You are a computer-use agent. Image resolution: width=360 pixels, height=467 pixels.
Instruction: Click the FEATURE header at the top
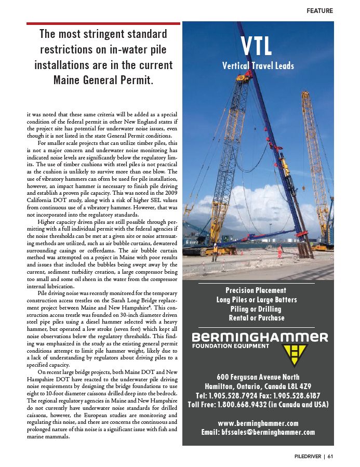coord(319,10)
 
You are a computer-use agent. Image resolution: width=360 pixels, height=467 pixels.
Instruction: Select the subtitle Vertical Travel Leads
coord(258,65)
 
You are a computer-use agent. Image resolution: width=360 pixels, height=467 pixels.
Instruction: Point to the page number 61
coord(330,457)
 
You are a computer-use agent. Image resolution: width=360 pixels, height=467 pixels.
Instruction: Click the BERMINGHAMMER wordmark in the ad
coord(260,337)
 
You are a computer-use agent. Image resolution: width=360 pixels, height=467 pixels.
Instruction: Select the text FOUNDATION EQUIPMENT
coord(231,346)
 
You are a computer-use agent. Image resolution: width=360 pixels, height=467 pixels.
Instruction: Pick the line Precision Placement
coord(256,290)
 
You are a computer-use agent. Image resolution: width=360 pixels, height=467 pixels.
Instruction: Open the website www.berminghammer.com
coord(258,423)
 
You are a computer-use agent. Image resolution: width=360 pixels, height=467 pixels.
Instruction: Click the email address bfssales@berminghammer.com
coord(258,432)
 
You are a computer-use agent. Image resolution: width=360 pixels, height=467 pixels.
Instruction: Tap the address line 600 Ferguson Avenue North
coord(258,377)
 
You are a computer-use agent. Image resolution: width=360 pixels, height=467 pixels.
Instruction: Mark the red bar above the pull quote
coord(103,23)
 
